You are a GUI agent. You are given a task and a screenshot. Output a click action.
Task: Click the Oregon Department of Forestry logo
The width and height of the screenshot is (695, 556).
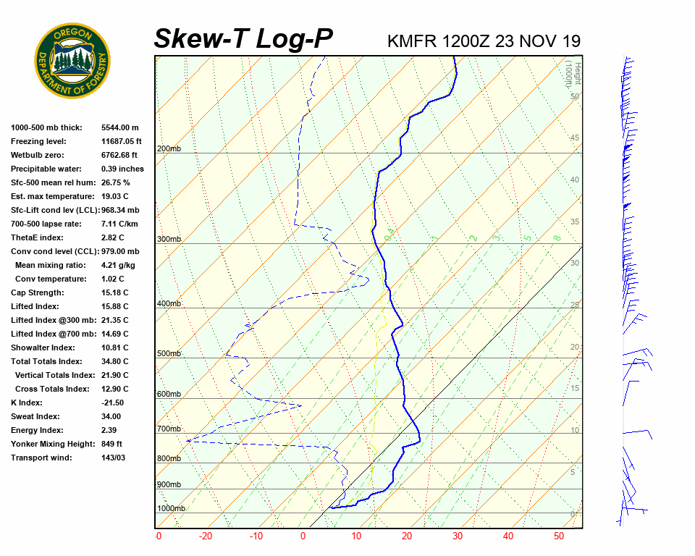click(x=72, y=61)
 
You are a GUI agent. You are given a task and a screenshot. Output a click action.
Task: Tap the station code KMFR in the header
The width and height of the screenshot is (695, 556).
click(x=412, y=41)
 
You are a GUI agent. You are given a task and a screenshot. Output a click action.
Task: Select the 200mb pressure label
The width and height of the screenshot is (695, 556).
click(x=168, y=148)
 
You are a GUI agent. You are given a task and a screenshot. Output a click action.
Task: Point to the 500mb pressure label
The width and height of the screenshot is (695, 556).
click(x=168, y=353)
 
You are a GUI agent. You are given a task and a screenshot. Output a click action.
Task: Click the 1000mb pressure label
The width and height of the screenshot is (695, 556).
click(x=171, y=508)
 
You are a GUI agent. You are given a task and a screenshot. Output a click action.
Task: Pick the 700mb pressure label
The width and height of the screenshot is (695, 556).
click(x=168, y=429)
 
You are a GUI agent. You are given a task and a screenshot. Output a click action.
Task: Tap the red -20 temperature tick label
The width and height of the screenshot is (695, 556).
click(x=206, y=536)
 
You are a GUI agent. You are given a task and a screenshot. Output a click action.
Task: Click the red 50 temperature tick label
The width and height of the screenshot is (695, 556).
click(x=558, y=536)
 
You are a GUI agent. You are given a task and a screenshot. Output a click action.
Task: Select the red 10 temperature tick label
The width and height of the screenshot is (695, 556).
click(x=356, y=536)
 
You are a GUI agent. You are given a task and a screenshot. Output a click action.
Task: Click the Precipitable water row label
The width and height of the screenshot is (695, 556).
click(x=45, y=169)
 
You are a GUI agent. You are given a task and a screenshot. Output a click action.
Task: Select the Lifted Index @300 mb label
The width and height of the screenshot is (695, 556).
click(x=49, y=320)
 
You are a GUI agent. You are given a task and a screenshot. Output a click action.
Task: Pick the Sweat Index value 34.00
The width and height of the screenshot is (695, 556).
click(x=111, y=416)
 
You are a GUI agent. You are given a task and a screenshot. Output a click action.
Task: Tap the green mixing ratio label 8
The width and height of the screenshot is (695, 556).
click(x=557, y=237)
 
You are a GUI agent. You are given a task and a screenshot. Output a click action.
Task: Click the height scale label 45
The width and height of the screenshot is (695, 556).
click(x=575, y=138)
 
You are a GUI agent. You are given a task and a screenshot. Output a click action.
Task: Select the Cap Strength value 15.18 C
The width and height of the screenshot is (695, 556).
click(x=114, y=292)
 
